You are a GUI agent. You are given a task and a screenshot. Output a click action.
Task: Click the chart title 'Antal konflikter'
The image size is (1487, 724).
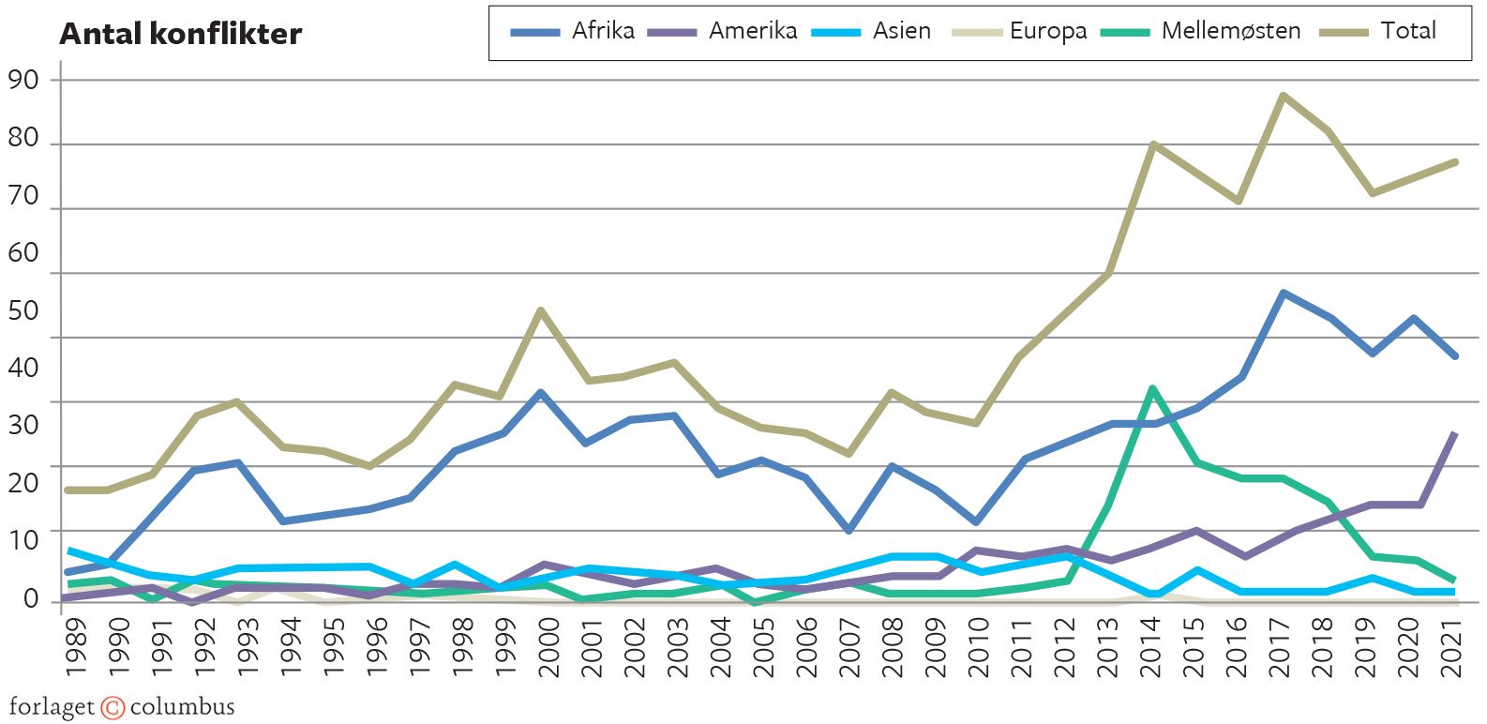click(180, 34)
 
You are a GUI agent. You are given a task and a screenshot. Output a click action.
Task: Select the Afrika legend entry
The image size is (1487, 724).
click(573, 31)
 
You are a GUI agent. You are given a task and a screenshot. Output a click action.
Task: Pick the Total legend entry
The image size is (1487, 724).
click(1377, 31)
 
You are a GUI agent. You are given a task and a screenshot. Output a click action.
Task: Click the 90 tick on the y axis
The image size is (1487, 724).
click(23, 80)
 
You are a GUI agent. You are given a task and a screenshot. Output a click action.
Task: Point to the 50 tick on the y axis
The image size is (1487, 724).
click(23, 310)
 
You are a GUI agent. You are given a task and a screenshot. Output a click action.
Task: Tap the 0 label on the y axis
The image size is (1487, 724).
click(32, 598)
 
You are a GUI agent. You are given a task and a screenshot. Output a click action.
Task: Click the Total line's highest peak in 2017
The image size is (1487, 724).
click(1282, 96)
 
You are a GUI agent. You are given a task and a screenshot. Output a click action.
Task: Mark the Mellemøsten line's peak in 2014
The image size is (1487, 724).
click(1151, 388)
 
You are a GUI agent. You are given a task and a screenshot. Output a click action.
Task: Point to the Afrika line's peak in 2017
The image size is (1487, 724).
click(1282, 294)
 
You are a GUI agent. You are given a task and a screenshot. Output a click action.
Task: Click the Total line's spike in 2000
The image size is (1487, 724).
click(541, 310)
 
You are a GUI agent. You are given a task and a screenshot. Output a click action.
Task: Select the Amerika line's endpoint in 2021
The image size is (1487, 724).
click(1454, 434)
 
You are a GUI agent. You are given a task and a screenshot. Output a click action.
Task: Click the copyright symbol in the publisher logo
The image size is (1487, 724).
click(113, 708)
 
